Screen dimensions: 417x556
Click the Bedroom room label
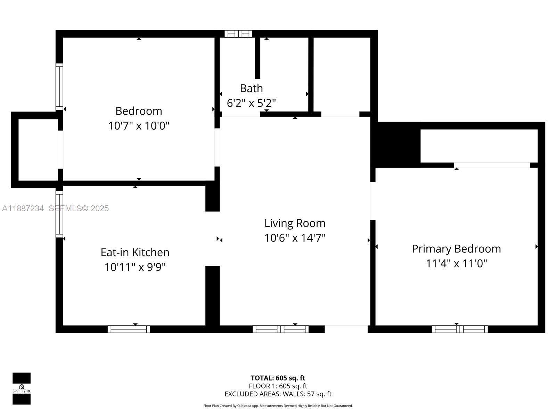(x=139, y=111)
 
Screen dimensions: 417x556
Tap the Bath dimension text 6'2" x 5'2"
(x=251, y=103)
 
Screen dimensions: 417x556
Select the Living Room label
(x=295, y=223)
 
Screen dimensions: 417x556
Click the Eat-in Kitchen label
(x=135, y=252)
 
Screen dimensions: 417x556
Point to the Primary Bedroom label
(x=456, y=249)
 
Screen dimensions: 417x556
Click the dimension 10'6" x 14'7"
(x=295, y=238)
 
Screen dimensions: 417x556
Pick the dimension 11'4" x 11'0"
(x=456, y=264)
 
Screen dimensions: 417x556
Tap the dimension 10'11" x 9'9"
(x=135, y=267)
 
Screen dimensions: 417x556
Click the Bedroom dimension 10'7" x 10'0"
(x=139, y=126)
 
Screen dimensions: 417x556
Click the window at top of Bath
(x=238, y=34)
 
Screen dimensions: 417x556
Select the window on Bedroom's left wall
(x=59, y=87)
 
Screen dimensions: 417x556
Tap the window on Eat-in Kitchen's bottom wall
(x=129, y=329)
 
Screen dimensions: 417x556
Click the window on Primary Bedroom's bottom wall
(x=459, y=329)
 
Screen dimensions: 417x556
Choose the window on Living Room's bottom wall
(x=280, y=329)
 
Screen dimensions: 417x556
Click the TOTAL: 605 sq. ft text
(x=278, y=378)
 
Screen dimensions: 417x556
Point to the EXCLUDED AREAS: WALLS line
(x=278, y=394)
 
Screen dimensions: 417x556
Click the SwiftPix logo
(x=22, y=389)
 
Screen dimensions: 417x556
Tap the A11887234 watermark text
(x=23, y=208)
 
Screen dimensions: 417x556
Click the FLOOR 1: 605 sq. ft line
(x=278, y=386)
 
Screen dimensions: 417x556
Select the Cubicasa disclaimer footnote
(x=278, y=406)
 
